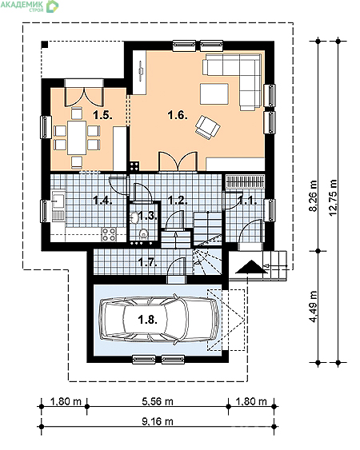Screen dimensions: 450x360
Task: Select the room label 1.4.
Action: (x=101, y=201)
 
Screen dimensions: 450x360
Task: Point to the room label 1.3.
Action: (x=146, y=216)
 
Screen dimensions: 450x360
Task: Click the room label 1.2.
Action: (x=177, y=201)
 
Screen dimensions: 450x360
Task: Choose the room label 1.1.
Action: (x=247, y=201)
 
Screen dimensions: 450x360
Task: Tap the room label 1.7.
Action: (x=146, y=261)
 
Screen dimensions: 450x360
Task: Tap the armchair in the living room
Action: (x=209, y=125)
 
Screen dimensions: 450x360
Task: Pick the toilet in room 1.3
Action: (x=144, y=233)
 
